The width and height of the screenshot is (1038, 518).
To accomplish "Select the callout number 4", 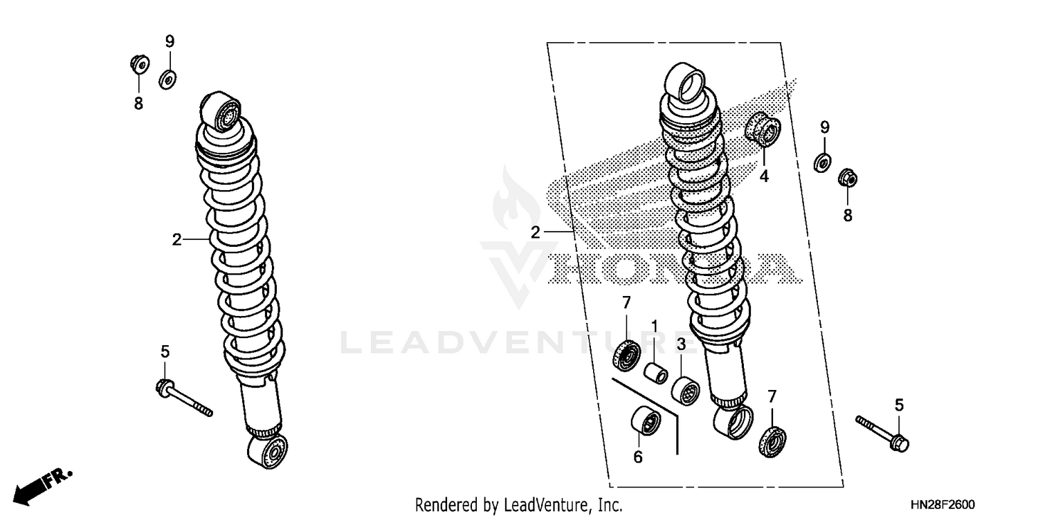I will pyautogui.click(x=764, y=177).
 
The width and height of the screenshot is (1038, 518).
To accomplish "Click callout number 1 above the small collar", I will pyautogui.click(x=653, y=326).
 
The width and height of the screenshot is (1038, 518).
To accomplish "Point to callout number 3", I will pyautogui.click(x=681, y=344).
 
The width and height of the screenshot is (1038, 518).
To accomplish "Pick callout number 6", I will pyautogui.click(x=638, y=456).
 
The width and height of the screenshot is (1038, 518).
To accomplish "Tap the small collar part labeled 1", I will pyautogui.click(x=655, y=371).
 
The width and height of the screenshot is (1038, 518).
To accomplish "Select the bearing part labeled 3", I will pyautogui.click(x=685, y=391).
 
